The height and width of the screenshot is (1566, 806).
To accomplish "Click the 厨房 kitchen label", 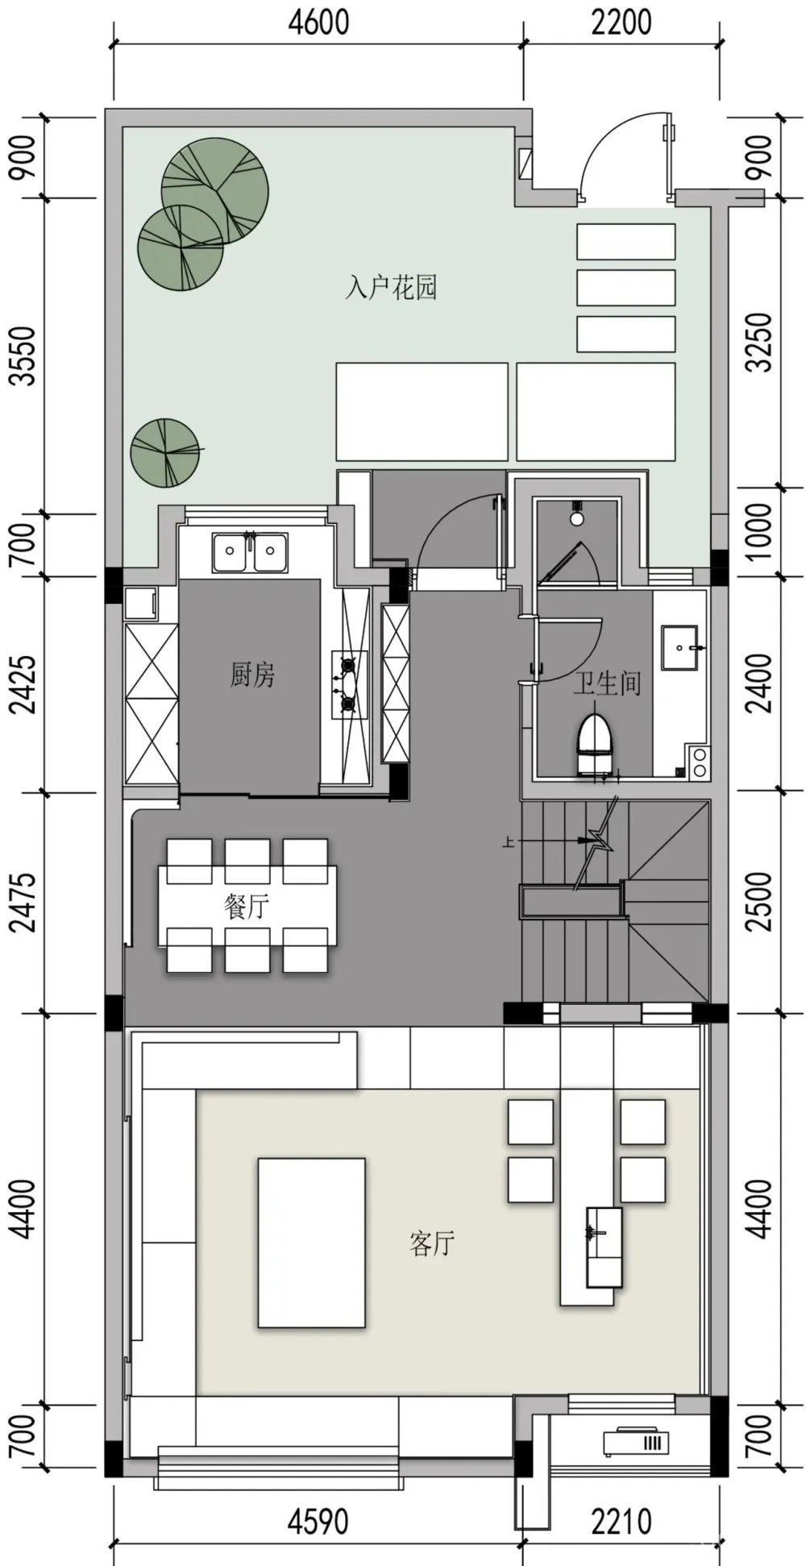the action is [x=252, y=674].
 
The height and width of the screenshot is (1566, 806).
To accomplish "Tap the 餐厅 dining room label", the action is [x=246, y=906].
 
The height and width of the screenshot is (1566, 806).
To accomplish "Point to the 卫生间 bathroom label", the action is [x=607, y=683].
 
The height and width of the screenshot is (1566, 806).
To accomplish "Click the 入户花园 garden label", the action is [x=391, y=287].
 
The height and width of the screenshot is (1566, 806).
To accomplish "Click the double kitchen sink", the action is [x=250, y=552].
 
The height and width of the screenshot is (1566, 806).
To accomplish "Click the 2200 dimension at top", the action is [x=621, y=23].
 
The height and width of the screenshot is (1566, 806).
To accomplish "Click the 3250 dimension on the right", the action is [x=758, y=342].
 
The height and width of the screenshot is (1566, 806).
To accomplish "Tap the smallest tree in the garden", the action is [x=165, y=452].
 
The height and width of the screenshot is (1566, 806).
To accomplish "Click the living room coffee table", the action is [x=311, y=1243].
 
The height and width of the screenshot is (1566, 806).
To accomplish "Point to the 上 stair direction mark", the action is [x=508, y=842].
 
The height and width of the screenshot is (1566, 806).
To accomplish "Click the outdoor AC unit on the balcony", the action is [x=637, y=1441].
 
